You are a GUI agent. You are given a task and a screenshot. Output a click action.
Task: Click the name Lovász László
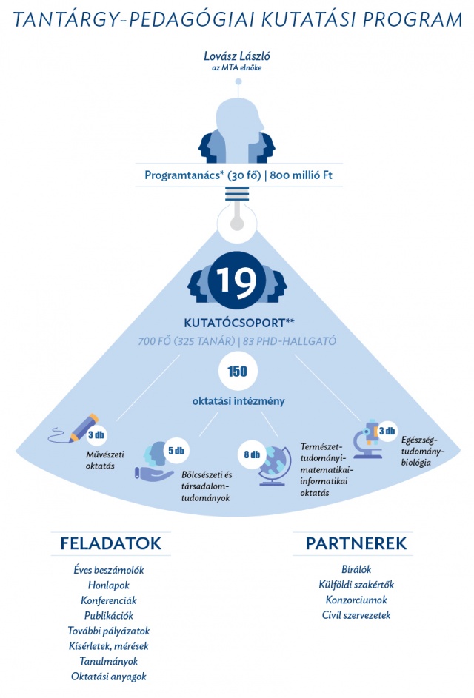pyautogui.click(x=236, y=57)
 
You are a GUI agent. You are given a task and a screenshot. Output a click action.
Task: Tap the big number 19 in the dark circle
pyautogui.click(x=236, y=281)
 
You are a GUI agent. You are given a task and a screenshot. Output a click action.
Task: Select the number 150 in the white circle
pyautogui.click(x=237, y=372)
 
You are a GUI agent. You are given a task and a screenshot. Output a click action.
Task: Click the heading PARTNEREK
pyautogui.click(x=355, y=543)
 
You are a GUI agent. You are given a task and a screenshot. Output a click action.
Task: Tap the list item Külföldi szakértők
pyautogui.click(x=355, y=585)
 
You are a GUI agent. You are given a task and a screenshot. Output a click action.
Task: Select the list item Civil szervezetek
pyautogui.click(x=355, y=615)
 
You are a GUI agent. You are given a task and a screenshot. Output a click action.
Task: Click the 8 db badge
pyautogui.click(x=252, y=454)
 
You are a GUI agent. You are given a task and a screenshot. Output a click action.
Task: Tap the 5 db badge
pyautogui.click(x=176, y=450)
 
